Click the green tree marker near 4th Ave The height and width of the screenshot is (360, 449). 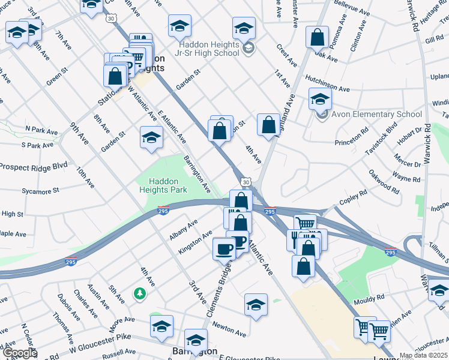coord(139,293)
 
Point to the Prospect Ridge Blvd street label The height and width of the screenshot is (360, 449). coord(34,166)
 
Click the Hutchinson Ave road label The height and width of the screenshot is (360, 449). coord(327,83)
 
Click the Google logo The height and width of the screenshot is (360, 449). coord(20,352)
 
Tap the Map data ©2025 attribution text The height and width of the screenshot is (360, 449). coord(423,355)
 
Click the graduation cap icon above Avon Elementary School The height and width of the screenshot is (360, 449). coord(320,98)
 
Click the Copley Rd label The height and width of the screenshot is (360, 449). coord(353,197)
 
